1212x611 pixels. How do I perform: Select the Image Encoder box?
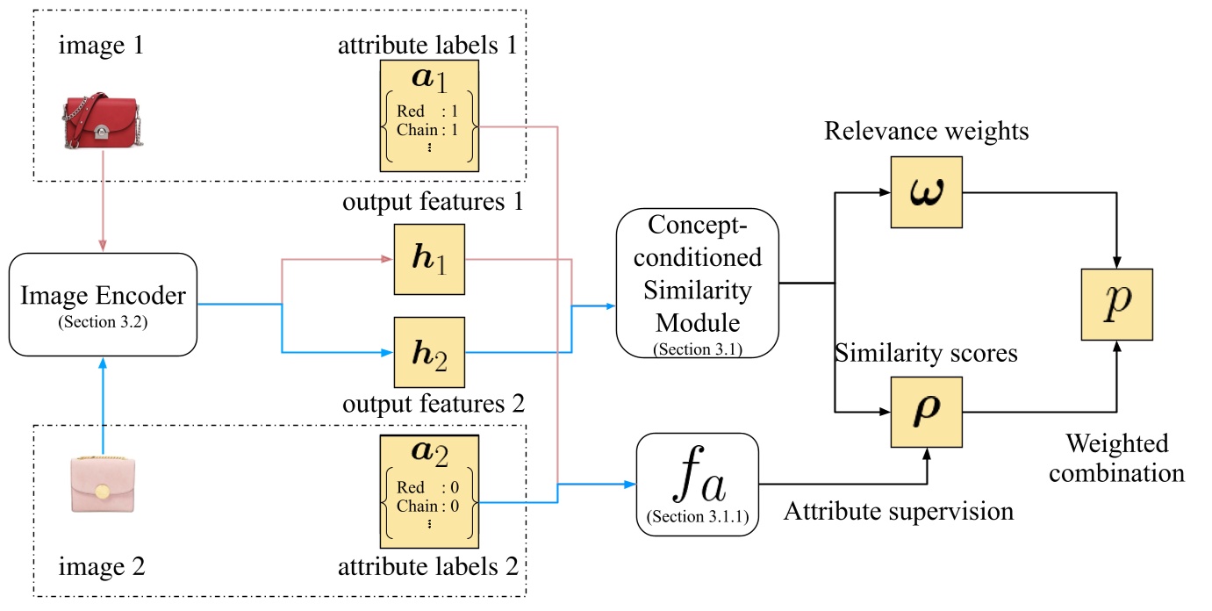[x=104, y=304]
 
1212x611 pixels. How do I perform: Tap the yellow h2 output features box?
[x=429, y=352]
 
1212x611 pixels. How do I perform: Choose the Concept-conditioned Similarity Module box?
[x=698, y=284]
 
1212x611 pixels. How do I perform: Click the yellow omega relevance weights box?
[x=926, y=191]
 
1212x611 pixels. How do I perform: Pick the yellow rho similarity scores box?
[x=926, y=411]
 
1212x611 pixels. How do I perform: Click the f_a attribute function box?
[x=698, y=484]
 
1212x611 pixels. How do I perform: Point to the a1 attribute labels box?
[x=429, y=115]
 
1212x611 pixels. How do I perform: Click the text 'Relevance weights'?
[x=926, y=132]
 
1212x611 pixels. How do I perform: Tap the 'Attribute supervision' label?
[x=898, y=510]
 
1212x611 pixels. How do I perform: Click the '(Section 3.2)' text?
[x=104, y=320]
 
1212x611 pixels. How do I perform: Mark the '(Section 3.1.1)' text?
[x=698, y=516]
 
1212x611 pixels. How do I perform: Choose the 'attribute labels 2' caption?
[x=429, y=568]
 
